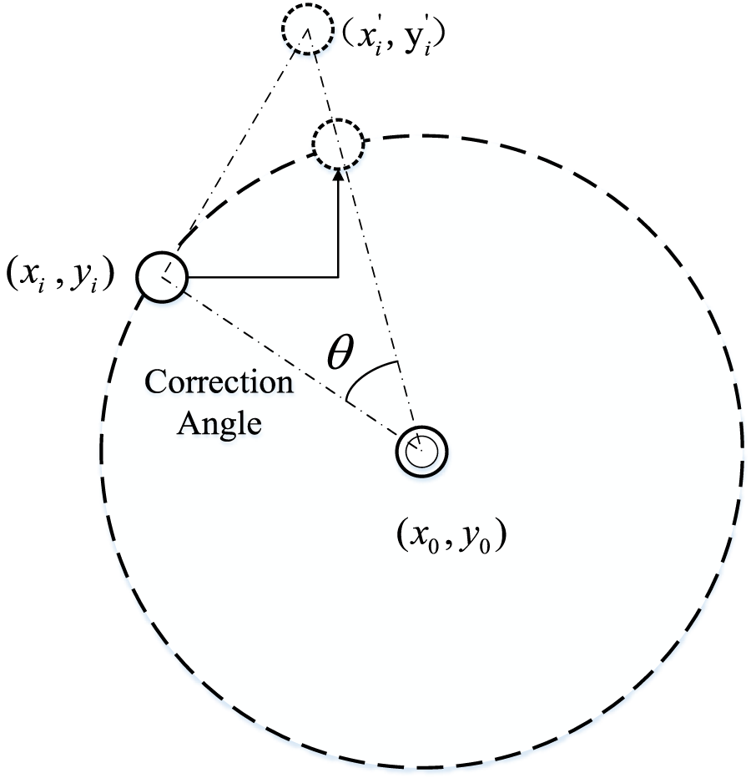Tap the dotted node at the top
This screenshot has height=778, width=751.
tap(308, 33)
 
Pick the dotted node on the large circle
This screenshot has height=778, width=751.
tap(338, 147)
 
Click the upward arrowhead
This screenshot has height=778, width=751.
tap(338, 173)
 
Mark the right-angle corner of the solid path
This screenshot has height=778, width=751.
tap(338, 276)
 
